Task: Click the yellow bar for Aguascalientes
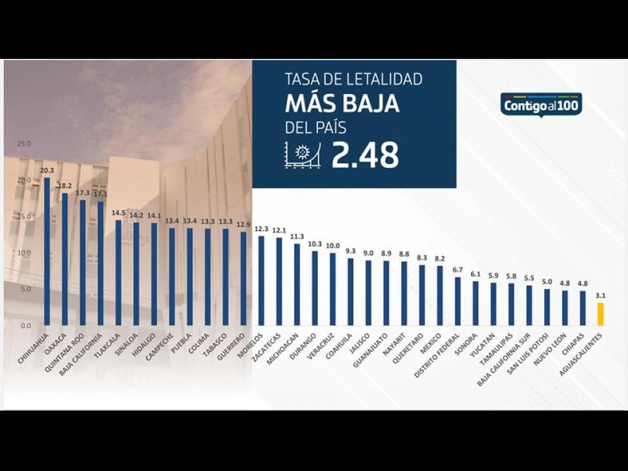(601, 314)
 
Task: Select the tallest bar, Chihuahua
(47, 251)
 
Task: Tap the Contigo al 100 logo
(541, 104)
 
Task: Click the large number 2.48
(365, 155)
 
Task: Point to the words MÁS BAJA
(341, 104)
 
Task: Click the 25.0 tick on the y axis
(24, 144)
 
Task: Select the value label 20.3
(47, 170)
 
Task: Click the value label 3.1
(601, 295)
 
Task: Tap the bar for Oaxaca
(65, 259)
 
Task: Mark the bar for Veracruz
(333, 289)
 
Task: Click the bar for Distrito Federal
(458, 301)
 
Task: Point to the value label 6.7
(458, 269)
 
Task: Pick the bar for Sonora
(475, 303)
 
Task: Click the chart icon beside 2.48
(303, 155)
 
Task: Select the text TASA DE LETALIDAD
(353, 79)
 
